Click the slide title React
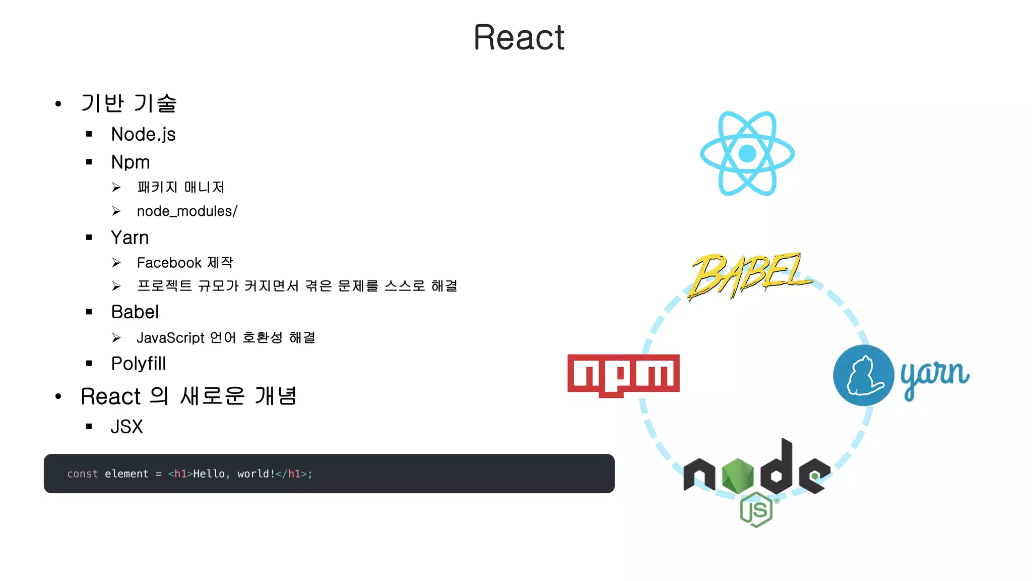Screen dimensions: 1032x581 coord(519,38)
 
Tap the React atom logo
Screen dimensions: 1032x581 coord(747,153)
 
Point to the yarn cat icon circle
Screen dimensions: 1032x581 coord(863,375)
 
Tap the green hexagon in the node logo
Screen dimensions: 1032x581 coord(737,476)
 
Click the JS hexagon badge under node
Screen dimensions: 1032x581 coord(756,510)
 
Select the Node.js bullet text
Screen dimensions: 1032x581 coord(143,135)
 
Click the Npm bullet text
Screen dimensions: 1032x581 coord(131,162)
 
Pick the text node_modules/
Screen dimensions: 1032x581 coord(187,211)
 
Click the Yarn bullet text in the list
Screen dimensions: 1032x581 coord(130,238)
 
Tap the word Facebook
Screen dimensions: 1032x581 coord(169,263)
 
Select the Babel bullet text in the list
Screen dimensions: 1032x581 coord(135,312)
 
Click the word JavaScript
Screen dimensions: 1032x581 coord(170,338)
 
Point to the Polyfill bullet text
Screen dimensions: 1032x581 coord(138,364)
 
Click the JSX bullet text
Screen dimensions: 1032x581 coord(126,427)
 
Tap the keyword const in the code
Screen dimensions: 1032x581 coord(83,474)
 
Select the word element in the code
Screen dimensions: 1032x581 coord(126,474)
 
